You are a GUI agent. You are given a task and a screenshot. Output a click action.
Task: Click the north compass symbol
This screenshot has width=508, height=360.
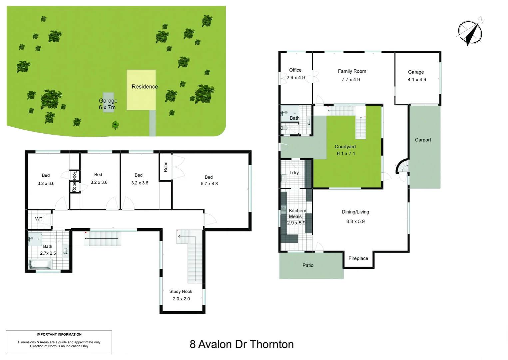click(x=470, y=32)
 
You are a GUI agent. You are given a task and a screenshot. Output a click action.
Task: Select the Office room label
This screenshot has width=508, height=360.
click(x=295, y=70)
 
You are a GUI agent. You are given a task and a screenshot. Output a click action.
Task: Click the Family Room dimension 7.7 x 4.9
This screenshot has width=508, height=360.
click(x=350, y=80)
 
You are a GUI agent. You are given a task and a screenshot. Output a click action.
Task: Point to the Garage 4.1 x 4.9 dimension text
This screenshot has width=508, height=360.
click(x=417, y=80)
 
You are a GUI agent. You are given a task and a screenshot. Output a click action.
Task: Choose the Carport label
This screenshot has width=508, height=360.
click(x=423, y=140)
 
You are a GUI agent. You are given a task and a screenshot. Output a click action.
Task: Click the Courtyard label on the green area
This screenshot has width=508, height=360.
click(x=345, y=147)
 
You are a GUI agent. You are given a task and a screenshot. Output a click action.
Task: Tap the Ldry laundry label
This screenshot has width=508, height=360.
click(x=294, y=173)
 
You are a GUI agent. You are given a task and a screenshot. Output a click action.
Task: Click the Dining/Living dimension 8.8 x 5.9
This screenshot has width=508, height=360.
click(x=355, y=221)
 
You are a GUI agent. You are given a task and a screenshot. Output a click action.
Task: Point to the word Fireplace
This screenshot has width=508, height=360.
click(x=358, y=258)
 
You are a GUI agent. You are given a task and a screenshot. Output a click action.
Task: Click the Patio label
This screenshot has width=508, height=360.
click(x=308, y=265)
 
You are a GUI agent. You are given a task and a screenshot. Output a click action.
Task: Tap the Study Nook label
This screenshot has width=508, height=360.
click(x=181, y=291)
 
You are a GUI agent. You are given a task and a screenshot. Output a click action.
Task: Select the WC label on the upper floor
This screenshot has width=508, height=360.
click(x=39, y=219)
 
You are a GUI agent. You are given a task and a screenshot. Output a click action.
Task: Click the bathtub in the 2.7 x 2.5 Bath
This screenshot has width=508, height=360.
click(x=40, y=264)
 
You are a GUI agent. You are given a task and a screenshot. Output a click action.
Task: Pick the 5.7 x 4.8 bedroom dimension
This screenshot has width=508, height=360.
click(x=209, y=184)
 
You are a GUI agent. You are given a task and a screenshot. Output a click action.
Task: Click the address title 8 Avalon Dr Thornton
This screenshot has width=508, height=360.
click(x=242, y=344)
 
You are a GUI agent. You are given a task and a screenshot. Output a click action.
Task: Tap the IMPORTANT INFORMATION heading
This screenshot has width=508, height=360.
click(x=59, y=334)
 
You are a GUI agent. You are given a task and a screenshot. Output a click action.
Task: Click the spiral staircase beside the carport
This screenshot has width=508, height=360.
click(x=402, y=167)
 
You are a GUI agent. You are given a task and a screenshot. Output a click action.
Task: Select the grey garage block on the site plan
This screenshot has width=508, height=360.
click(x=108, y=102)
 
